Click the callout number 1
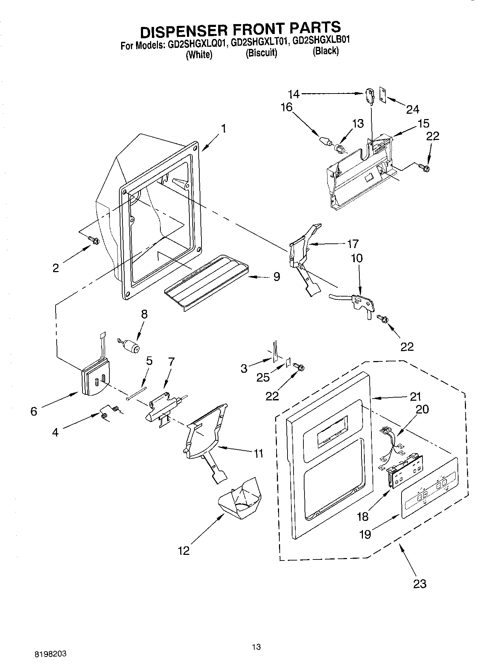tap(224, 128)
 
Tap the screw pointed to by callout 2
tap(94, 240)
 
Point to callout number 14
tap(294, 94)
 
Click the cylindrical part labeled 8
tap(132, 345)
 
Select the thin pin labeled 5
tap(136, 393)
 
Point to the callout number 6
tap(34, 411)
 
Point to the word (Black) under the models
tap(325, 51)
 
